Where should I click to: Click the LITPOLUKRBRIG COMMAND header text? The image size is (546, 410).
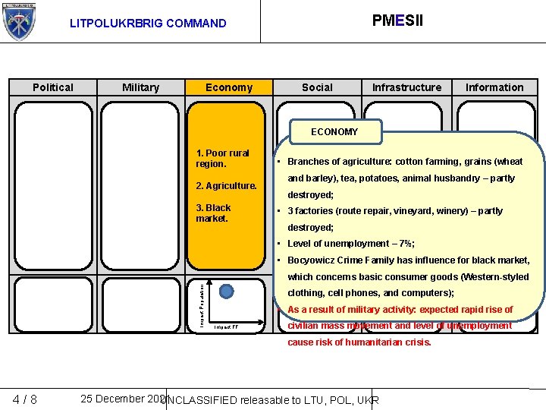(x=148, y=24)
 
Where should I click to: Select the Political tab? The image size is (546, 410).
(x=53, y=87)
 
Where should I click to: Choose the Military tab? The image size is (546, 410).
(x=141, y=87)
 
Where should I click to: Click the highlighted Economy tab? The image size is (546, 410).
(x=229, y=87)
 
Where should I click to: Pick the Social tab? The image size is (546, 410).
(x=317, y=87)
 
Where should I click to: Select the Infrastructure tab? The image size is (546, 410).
(x=406, y=87)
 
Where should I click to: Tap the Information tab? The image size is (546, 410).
(x=494, y=87)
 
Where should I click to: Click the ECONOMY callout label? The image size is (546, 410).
(x=334, y=132)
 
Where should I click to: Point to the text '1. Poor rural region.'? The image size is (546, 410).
(x=222, y=158)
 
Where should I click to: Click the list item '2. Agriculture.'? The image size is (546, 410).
(x=226, y=186)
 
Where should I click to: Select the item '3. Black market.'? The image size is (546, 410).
(x=213, y=213)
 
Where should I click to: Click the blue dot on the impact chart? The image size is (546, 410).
(x=227, y=290)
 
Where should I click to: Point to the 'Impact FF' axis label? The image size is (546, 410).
(x=227, y=328)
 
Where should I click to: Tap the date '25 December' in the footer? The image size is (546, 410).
(x=114, y=399)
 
